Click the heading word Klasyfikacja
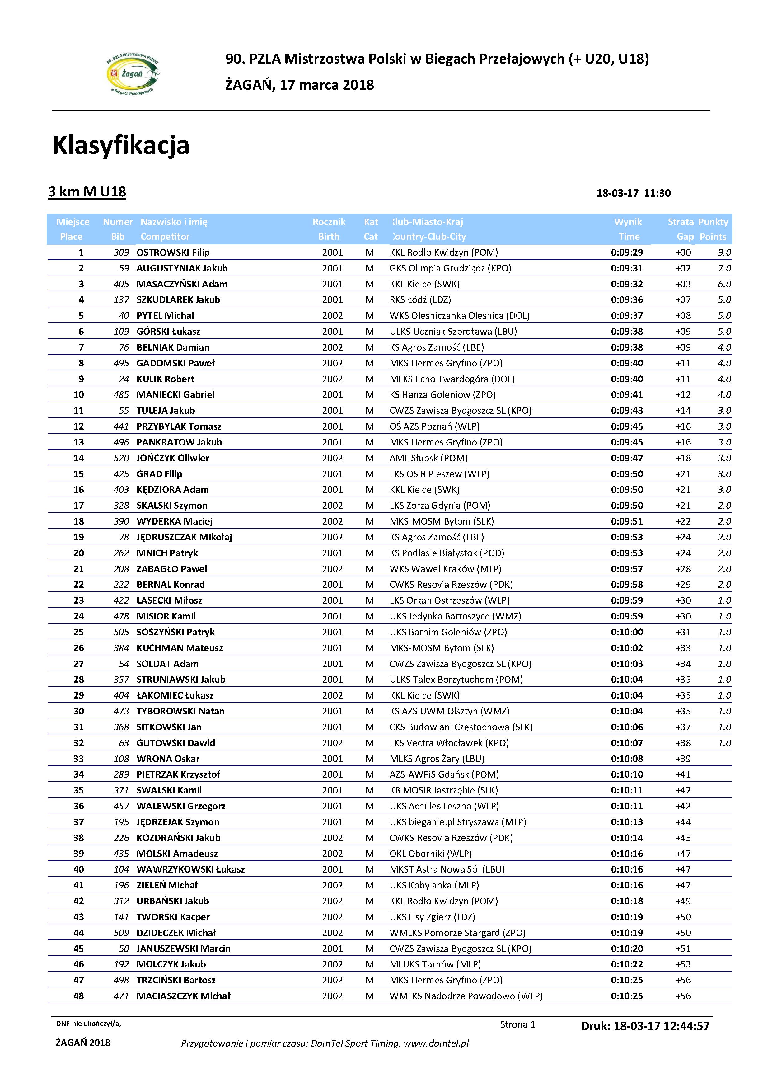[121, 145]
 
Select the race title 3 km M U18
[87, 192]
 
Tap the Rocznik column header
[329, 222]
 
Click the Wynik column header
[628, 222]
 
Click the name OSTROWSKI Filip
[173, 252]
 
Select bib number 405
[121, 284]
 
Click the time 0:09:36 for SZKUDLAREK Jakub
[627, 300]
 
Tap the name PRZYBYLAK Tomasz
[179, 426]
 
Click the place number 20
[78, 553]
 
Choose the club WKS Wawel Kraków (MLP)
[445, 569]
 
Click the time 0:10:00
[627, 632]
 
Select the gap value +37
[683, 727]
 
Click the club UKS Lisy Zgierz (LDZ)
[432, 917]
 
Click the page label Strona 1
[517, 1024]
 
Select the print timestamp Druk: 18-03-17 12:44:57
[645, 1026]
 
